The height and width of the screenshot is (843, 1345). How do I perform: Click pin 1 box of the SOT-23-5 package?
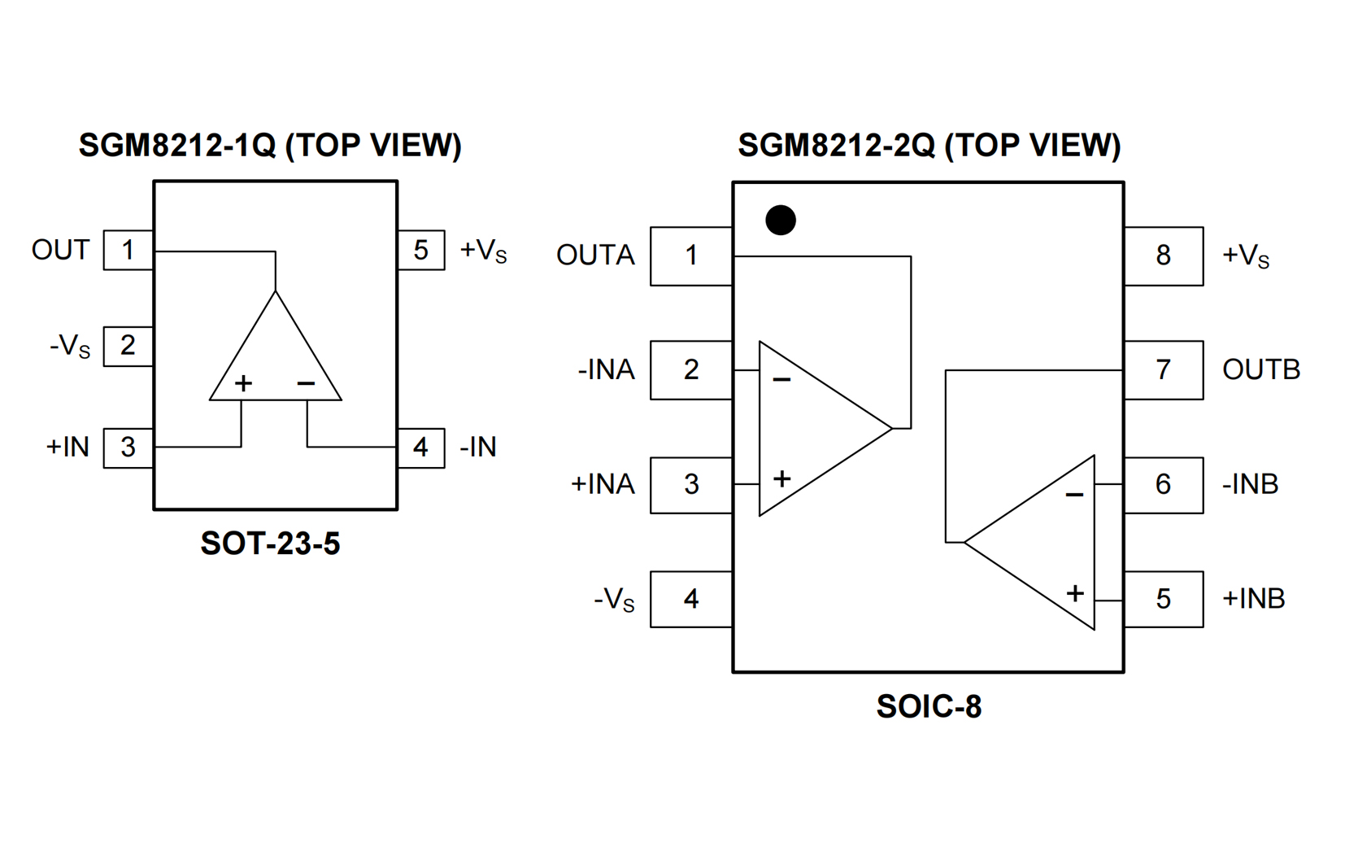[128, 250]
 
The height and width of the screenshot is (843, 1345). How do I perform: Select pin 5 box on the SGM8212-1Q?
[420, 250]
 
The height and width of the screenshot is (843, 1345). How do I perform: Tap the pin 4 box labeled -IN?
[420, 447]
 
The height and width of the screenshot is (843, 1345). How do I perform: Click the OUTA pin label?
[595, 256]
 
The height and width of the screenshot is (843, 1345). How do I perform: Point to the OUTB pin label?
[1260, 370]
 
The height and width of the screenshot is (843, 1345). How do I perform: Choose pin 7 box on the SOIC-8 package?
[1163, 370]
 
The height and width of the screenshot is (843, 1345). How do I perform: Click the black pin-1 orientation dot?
[781, 221]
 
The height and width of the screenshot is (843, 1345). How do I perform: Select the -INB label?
[1250, 485]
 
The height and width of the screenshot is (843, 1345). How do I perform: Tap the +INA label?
[603, 484]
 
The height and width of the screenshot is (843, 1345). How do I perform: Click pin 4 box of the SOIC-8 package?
[691, 599]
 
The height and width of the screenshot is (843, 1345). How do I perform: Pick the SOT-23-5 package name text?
[270, 544]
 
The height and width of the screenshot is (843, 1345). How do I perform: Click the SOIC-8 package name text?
[929, 706]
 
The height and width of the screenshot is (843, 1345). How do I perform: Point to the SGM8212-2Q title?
[929, 146]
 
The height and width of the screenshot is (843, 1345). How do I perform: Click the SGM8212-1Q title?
[270, 146]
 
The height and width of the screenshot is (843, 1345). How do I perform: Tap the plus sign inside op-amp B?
[1075, 593]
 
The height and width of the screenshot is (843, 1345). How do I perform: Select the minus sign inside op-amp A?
[781, 380]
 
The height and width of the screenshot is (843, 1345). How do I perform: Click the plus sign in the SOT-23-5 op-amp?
[243, 383]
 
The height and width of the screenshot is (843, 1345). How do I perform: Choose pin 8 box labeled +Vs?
[1163, 256]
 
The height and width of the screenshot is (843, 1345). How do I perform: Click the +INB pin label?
[1253, 599]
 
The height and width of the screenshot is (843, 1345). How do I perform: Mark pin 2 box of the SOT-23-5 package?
[128, 346]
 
